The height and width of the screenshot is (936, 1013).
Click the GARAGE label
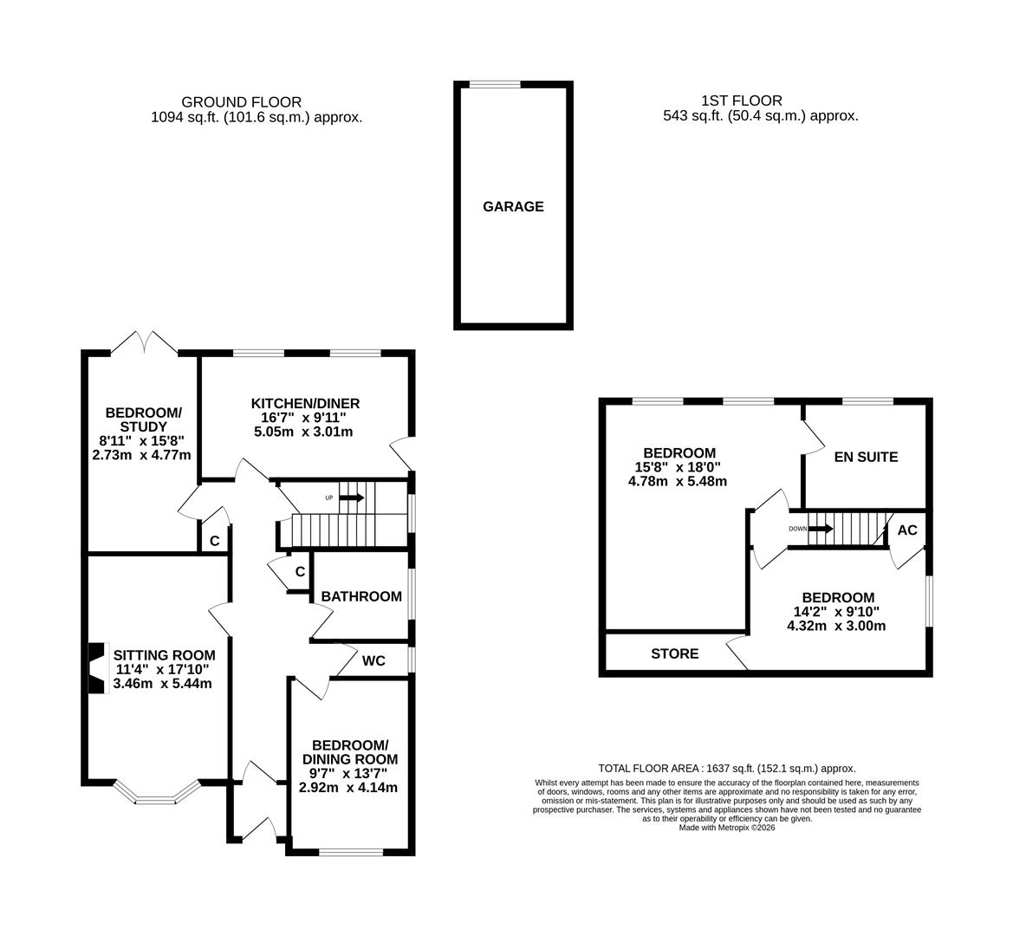click(x=513, y=206)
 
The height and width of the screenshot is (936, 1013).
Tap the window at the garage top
click(x=495, y=84)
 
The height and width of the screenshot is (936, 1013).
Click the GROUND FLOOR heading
click(x=241, y=101)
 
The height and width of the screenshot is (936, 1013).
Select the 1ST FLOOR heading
click(x=742, y=101)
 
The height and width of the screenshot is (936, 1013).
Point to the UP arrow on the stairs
click(x=351, y=497)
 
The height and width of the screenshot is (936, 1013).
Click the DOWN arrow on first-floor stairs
click(x=820, y=528)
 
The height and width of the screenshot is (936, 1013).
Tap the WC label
click(x=373, y=661)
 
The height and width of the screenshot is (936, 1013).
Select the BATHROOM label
click(x=360, y=596)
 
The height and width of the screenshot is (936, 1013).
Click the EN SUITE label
click(x=866, y=457)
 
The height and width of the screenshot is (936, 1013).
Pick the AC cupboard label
click(x=906, y=530)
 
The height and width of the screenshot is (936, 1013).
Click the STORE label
click(x=674, y=653)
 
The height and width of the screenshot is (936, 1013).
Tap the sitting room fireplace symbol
click(x=95, y=667)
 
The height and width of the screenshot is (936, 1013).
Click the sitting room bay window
click(x=157, y=793)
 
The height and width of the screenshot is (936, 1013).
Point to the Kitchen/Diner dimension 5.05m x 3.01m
click(x=305, y=432)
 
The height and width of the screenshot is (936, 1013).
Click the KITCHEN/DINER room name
click(x=305, y=404)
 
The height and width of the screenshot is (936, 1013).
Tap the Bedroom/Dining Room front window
click(x=351, y=852)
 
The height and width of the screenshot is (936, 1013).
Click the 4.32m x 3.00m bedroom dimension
click(x=837, y=626)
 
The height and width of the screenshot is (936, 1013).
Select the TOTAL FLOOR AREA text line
click(x=726, y=768)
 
